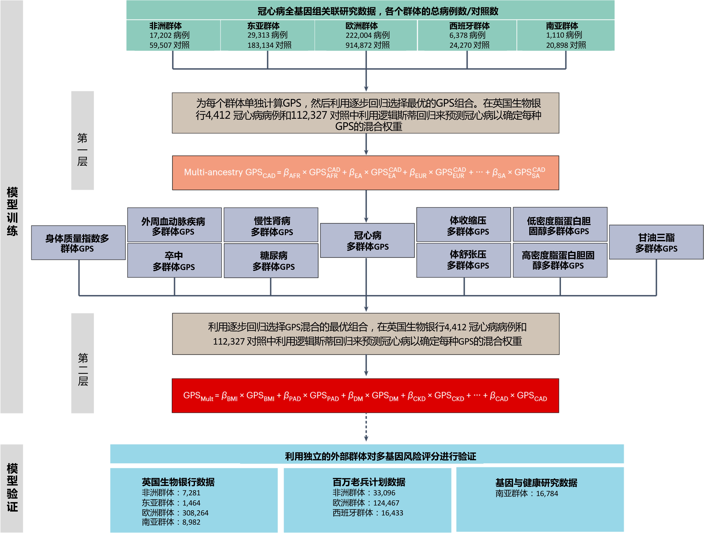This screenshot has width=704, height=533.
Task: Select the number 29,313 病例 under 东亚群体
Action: (x=267, y=35)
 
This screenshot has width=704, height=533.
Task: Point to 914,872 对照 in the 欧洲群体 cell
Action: (x=368, y=45)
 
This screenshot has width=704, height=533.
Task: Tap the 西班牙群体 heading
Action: (x=469, y=25)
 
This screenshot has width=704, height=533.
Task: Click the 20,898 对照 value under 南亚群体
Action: (x=566, y=45)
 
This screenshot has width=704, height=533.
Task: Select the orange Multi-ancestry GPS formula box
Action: (x=365, y=173)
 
